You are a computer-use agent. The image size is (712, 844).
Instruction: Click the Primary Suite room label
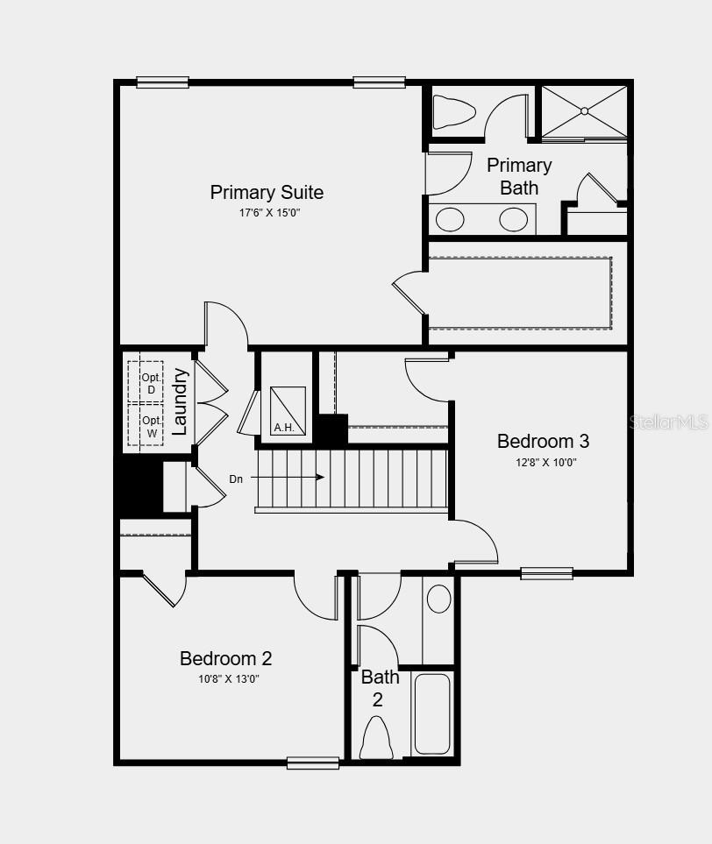click(267, 192)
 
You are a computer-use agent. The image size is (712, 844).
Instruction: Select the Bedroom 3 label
click(543, 441)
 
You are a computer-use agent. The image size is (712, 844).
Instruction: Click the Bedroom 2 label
click(225, 658)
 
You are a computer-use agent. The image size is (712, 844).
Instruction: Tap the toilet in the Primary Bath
click(454, 111)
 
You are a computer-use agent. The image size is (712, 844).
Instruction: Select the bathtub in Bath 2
click(431, 713)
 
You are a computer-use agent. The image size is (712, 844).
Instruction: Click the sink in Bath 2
click(438, 599)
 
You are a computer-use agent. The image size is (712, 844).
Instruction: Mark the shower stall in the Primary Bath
click(584, 111)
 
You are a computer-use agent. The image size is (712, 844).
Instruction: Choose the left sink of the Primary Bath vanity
click(450, 219)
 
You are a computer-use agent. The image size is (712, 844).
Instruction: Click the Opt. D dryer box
click(146, 382)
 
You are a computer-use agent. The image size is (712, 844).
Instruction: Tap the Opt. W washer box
click(146, 426)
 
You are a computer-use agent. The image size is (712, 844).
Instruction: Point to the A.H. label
click(283, 428)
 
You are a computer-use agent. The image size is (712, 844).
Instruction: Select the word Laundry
click(180, 401)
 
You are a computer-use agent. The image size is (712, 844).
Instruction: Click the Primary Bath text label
click(519, 176)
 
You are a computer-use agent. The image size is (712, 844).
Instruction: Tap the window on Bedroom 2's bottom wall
click(313, 762)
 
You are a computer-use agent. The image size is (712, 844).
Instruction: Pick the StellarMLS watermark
click(668, 422)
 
